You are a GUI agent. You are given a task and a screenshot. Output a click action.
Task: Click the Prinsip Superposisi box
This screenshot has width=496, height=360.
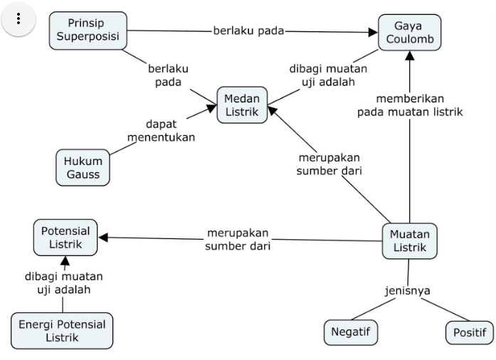coord(88,31)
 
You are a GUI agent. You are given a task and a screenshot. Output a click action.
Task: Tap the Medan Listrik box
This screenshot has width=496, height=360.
coord(242,105)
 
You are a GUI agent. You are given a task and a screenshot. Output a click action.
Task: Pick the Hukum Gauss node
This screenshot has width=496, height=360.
coord(83,167)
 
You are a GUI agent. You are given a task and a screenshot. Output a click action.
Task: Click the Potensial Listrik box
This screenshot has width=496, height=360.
coord(65,238)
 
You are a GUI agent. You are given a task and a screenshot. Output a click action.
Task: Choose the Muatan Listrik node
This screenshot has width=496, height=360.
coord(409,241)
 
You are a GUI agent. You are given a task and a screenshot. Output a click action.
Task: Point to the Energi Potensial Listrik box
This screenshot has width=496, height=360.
coord(62,331)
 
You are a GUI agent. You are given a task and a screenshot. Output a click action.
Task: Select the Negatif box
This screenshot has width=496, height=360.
coord(350,332)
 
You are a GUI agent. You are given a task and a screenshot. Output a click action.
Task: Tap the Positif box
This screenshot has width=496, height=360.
coord(469,332)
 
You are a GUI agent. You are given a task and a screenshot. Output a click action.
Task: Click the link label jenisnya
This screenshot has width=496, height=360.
coord(407,290)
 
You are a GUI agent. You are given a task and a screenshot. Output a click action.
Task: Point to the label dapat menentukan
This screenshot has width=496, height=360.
coord(161,130)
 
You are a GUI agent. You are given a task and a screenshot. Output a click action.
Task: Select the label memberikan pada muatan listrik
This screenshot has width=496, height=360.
coord(410,105)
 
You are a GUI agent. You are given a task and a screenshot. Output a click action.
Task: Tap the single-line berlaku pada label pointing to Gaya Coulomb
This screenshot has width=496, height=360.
coord(248,30)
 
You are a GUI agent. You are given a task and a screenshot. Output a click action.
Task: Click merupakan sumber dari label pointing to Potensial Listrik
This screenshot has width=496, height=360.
coord(238,239)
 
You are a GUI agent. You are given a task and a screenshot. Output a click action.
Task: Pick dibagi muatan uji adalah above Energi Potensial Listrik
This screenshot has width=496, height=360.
coord(64,282)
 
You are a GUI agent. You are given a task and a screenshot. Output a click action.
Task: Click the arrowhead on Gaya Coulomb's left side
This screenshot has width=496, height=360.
coord(372,33)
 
